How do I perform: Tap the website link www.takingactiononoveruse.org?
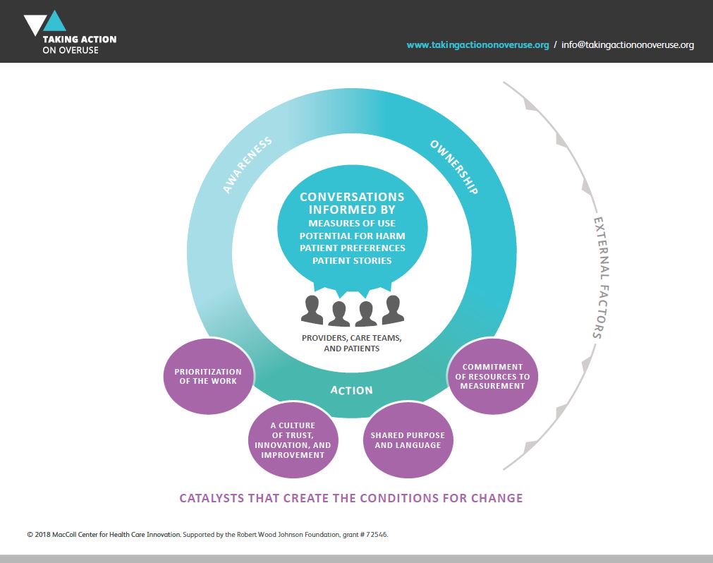[477, 45]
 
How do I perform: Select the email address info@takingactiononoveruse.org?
[628, 45]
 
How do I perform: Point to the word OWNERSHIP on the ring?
[454, 167]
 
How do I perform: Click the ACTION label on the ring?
[352, 390]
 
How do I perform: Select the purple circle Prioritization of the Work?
[207, 376]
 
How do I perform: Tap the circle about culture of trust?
[293, 440]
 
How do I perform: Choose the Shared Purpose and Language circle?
[408, 440]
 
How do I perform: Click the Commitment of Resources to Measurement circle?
[492, 376]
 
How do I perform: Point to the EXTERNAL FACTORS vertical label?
[597, 278]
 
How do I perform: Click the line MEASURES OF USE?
[352, 223]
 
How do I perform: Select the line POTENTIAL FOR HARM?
[352, 236]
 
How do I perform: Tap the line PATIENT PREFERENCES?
[352, 248]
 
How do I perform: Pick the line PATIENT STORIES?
[352, 261]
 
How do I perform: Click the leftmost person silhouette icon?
[312, 310]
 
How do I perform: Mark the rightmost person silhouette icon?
[393, 310]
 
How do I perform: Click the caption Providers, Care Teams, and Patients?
[352, 343]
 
